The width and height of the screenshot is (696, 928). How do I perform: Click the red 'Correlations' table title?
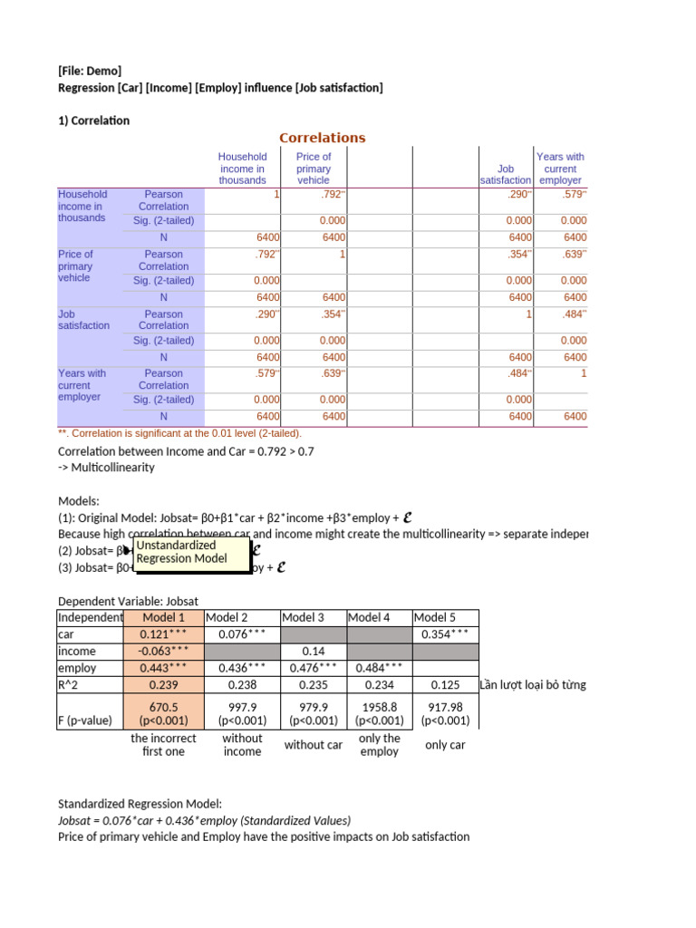323,138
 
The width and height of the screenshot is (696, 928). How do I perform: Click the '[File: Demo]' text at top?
90,71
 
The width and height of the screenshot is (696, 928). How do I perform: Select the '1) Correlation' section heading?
94,121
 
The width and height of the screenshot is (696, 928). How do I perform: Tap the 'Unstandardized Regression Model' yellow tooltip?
191,552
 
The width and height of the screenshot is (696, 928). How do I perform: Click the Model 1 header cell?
164,617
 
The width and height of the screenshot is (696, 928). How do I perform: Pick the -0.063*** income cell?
164,651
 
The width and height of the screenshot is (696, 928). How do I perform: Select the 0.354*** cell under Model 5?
445,634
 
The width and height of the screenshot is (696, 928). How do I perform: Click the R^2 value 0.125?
445,685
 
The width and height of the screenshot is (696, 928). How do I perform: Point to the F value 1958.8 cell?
379,713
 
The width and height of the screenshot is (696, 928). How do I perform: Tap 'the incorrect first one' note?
163,745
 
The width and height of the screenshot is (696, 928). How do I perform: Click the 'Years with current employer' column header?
560,169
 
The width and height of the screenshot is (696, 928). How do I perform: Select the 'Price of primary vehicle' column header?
314,169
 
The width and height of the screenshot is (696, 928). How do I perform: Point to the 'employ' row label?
75,668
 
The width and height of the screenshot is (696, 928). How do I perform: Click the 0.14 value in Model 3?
314,651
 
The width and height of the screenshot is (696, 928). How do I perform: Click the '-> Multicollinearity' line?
106,468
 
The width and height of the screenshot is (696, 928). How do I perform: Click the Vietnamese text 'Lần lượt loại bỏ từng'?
533,684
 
